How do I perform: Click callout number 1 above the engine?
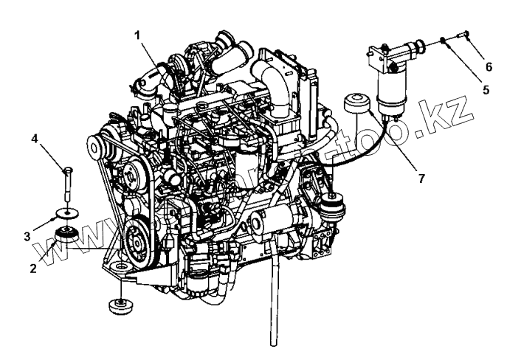[x=137, y=33]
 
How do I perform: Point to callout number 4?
[x=35, y=138]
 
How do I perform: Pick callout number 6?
[x=487, y=66]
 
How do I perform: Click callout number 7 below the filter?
[x=421, y=179]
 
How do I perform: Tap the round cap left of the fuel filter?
[x=356, y=103]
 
